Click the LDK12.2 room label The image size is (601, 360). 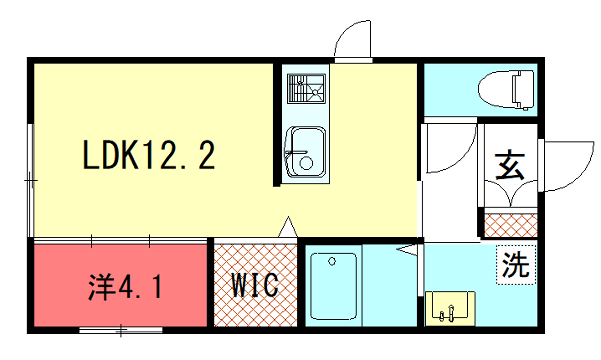pyautogui.click(x=149, y=155)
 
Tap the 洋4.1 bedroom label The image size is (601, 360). pyautogui.click(x=125, y=286)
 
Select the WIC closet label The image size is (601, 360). pyautogui.click(x=255, y=285)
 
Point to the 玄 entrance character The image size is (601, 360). pyautogui.click(x=510, y=166)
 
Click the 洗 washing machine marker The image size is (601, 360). pyautogui.click(x=516, y=265)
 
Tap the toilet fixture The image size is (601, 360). pyautogui.click(x=506, y=90)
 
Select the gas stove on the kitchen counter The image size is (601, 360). pyautogui.click(x=306, y=88)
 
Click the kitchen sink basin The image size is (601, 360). pyautogui.click(x=306, y=151)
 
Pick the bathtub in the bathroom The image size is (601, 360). pyautogui.click(x=333, y=286)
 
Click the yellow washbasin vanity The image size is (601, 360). pyautogui.click(x=450, y=309)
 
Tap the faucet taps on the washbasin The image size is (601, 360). pyautogui.click(x=447, y=313)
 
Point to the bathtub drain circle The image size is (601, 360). pyautogui.click(x=332, y=261)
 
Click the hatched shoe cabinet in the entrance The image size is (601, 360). pyautogui.click(x=511, y=225)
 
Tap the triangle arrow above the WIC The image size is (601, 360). pyautogui.click(x=287, y=227)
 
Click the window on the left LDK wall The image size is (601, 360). pyautogui.click(x=31, y=180)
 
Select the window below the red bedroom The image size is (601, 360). pyautogui.click(x=121, y=330)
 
